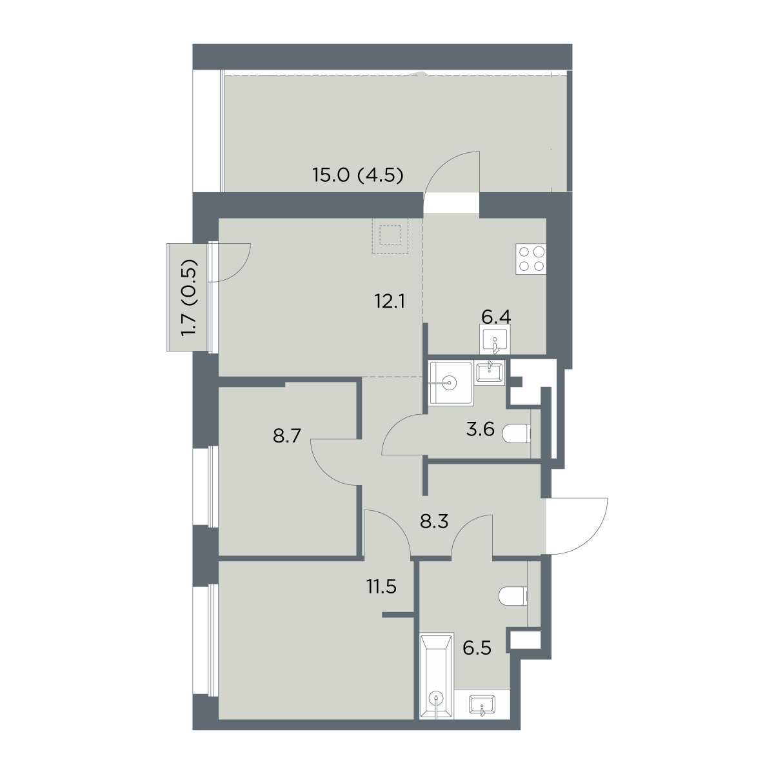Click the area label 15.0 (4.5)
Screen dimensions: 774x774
tap(357, 175)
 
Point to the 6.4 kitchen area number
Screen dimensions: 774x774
tap(496, 317)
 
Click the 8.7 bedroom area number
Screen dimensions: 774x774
tap(287, 435)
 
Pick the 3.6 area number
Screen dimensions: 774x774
tap(481, 430)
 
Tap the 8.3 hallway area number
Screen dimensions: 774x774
tap(434, 522)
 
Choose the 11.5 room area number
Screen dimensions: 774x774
tap(381, 587)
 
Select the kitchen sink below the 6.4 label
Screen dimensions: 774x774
tap(495, 339)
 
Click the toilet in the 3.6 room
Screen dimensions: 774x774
tap(517, 434)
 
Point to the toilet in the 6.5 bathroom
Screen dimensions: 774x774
tap(513, 596)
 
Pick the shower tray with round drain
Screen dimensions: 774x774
tap(450, 382)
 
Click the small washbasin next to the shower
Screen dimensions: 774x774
tap(490, 372)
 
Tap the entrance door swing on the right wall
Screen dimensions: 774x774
tap(579, 527)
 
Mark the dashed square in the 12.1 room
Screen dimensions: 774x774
tap(390, 236)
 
